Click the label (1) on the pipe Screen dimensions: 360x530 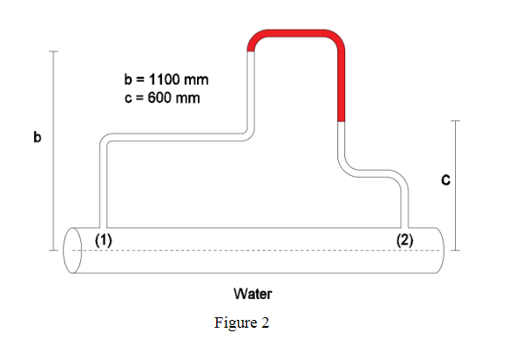click(x=103, y=241)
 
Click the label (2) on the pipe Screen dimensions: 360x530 click(x=404, y=241)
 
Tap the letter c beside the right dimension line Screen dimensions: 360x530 click(x=445, y=180)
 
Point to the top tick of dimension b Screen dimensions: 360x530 click(x=54, y=51)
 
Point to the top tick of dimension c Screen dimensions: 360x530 click(x=455, y=121)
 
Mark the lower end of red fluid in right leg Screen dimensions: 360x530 click(x=342, y=120)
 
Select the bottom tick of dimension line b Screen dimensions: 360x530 click(x=54, y=250)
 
